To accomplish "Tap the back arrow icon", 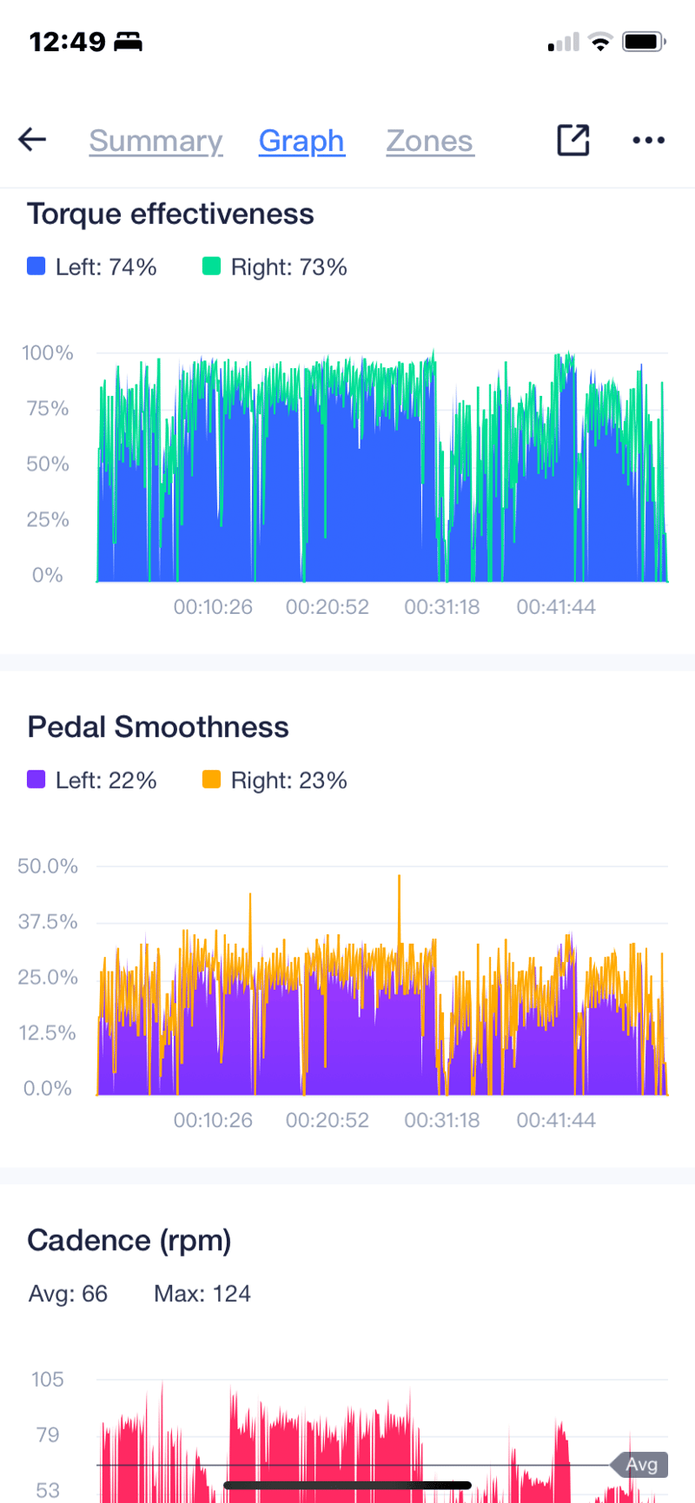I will [x=32, y=140].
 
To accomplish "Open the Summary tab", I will [x=156, y=141].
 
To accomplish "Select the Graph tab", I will [x=301, y=141].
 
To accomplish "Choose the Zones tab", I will [x=429, y=141].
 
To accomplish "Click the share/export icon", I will [x=573, y=140].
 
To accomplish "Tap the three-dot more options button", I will [x=648, y=140].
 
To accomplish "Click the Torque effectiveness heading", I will [x=170, y=214].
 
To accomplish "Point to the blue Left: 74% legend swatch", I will [x=36, y=267].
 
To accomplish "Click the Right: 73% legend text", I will [x=288, y=267].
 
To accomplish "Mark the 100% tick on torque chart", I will [x=48, y=353].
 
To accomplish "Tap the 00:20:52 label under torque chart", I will [x=328, y=607].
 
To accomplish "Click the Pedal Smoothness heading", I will [x=157, y=728].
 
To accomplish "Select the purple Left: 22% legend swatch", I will [x=36, y=780].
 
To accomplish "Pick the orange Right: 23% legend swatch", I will [x=211, y=780].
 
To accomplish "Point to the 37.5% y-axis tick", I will [x=48, y=922].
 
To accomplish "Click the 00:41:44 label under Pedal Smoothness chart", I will [x=556, y=1120].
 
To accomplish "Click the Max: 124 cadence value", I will [x=202, y=1294].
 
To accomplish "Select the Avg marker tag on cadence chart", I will [x=641, y=1465].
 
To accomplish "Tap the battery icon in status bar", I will [x=645, y=42].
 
